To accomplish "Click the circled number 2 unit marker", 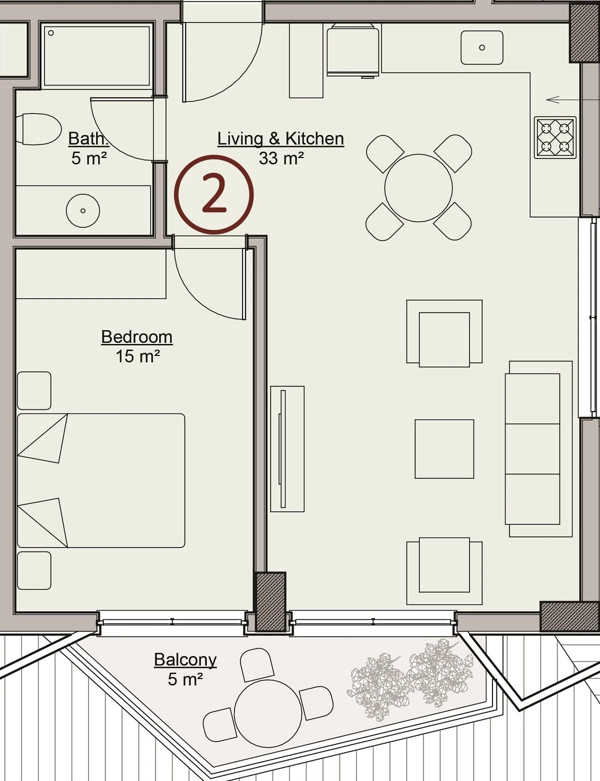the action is coord(214,194).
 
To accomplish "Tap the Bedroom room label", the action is coord(136,337).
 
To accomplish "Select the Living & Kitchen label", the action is coord(280,138).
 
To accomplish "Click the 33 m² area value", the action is coord(281,158).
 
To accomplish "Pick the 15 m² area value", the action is coord(137,356).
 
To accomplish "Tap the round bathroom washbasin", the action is coord(83,210).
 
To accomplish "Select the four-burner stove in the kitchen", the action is coord(555,137).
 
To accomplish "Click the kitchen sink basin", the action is coord(482,47).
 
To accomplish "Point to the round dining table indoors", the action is coord(418,188).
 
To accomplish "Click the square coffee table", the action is coord(444,449).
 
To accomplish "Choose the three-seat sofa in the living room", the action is coord(538,449).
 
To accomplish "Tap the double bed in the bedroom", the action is coord(101,480).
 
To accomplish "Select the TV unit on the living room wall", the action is coord(287,449).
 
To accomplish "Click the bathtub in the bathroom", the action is coord(96,55).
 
